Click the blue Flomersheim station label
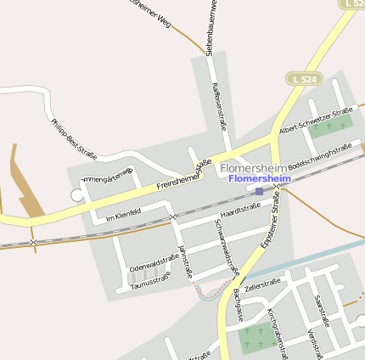260,179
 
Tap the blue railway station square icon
259,191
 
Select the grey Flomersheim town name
255,168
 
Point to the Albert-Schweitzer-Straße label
315,119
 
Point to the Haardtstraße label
240,208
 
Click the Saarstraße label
321,311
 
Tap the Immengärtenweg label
106,177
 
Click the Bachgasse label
238,303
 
